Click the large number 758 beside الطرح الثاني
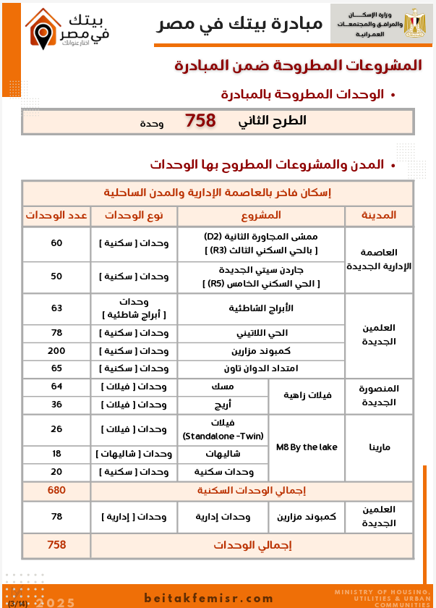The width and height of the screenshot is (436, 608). (200, 121)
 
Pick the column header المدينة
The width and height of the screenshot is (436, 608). (378, 216)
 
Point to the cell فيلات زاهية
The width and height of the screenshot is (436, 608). (306, 395)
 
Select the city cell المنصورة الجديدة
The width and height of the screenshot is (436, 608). (379, 395)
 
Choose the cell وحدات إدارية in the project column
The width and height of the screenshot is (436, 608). (223, 517)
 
